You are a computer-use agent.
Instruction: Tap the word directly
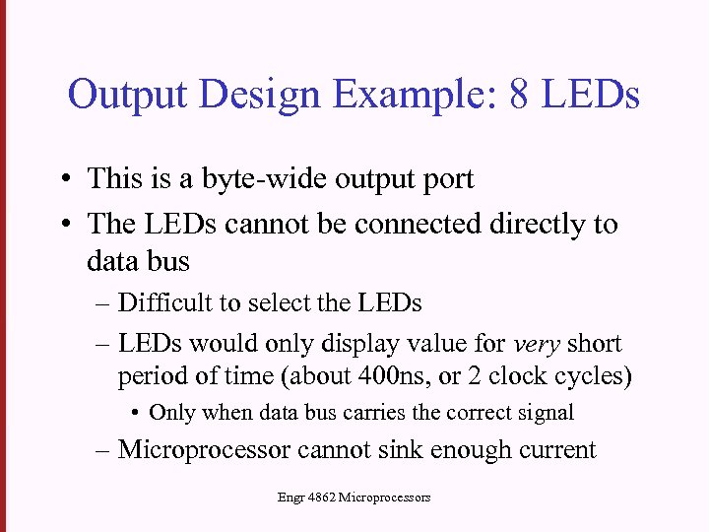click(538, 225)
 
